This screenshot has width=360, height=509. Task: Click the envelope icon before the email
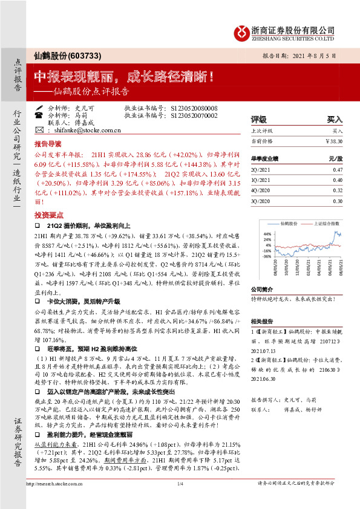point(39,130)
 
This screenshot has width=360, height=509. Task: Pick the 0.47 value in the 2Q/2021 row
point(337,170)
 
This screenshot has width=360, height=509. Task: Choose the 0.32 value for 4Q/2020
point(337,190)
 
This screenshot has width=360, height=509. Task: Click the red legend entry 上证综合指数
point(324,222)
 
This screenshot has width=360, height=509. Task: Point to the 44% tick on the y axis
point(267,233)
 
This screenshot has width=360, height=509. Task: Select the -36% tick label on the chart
point(267,256)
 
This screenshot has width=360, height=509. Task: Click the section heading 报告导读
point(47,145)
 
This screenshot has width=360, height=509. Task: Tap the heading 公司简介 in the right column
point(263,289)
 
